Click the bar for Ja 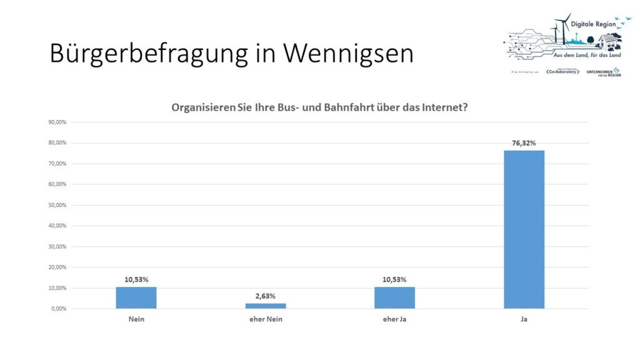(x=524, y=229)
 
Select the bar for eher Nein (x=265, y=306)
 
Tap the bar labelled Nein (x=136, y=298)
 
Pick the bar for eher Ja (x=394, y=298)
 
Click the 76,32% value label (x=524, y=143)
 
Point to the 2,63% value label (x=265, y=296)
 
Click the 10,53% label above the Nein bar (x=136, y=279)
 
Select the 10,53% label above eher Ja (x=394, y=279)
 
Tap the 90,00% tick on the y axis (x=57, y=122)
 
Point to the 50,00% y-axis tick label (x=57, y=205)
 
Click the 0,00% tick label (x=58, y=309)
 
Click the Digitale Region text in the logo (x=594, y=22)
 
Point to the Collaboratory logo (x=561, y=72)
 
